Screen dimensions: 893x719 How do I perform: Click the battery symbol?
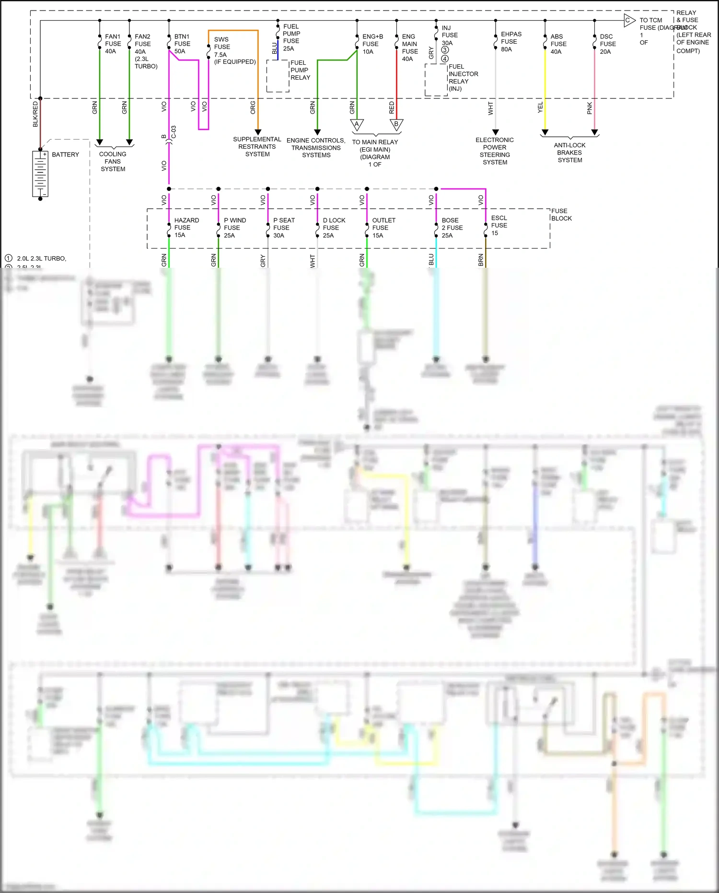click(x=40, y=174)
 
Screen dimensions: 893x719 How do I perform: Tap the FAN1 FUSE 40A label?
click(x=113, y=44)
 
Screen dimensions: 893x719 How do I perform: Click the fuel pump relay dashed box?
click(x=278, y=76)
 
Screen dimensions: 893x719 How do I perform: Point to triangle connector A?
click(x=357, y=125)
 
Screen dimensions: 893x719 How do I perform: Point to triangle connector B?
click(x=396, y=125)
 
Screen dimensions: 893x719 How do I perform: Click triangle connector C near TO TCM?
click(x=628, y=20)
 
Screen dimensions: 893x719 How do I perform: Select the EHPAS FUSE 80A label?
click(x=510, y=42)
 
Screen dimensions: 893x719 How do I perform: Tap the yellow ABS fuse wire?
click(x=545, y=86)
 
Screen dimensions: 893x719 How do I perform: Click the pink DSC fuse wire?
click(x=594, y=86)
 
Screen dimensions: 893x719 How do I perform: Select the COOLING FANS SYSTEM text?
click(x=113, y=162)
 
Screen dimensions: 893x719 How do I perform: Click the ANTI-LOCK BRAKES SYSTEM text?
click(x=569, y=153)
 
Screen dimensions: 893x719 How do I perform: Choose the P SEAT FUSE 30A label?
click(x=283, y=227)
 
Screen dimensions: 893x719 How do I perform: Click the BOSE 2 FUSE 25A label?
click(x=452, y=227)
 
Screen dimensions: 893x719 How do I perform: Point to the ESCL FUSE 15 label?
click(x=499, y=225)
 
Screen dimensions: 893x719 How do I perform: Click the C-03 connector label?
click(x=174, y=132)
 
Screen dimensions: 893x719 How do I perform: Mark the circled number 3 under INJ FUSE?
click(x=445, y=50)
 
